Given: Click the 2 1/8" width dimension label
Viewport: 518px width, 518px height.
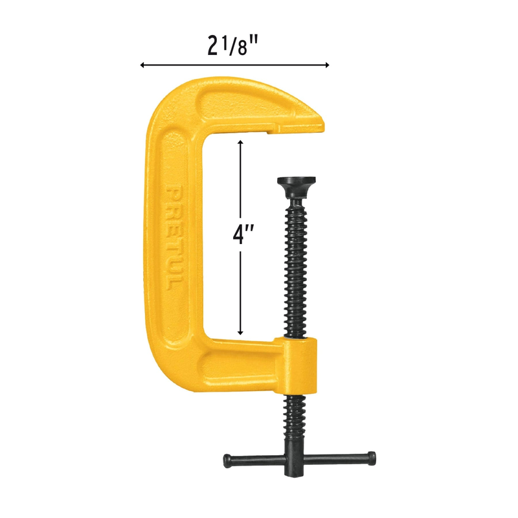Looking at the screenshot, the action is click(x=232, y=45).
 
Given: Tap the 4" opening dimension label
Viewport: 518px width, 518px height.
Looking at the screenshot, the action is click(x=243, y=235).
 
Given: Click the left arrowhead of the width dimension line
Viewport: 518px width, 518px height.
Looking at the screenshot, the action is click(x=143, y=65).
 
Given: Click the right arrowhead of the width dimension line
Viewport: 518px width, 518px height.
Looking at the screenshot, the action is click(x=326, y=65).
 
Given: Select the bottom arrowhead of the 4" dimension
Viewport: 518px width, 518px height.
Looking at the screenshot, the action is click(x=241, y=332).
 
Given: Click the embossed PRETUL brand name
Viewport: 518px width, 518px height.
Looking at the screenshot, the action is click(x=174, y=238).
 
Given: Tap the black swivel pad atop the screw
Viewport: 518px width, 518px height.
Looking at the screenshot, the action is click(x=297, y=186).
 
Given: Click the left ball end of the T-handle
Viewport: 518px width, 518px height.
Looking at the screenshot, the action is click(x=228, y=460).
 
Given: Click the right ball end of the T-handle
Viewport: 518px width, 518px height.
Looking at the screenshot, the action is click(x=371, y=458).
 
